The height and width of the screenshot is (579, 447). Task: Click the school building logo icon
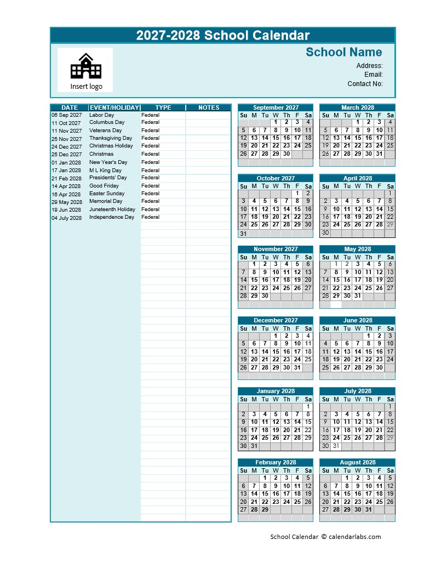coord(85,66)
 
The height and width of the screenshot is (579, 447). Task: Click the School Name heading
coord(343,52)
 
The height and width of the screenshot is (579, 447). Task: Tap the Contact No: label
coord(365,84)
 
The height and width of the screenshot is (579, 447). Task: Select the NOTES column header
coord(208,107)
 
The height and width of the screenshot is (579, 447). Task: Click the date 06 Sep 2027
coord(66,115)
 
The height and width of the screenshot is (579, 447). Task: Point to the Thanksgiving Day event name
coord(111,138)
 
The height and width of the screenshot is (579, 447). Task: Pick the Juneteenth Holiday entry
coord(112,209)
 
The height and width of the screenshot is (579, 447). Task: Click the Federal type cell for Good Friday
coord(150,186)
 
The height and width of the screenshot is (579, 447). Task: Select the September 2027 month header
coord(276,107)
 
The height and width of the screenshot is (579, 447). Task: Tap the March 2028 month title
coord(357,107)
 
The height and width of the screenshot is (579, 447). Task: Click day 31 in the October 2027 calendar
coord(243,234)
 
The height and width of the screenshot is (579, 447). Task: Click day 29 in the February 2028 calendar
coord(265,509)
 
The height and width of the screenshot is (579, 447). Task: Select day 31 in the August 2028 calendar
coord(368,509)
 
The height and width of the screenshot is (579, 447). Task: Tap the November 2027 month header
coord(276,249)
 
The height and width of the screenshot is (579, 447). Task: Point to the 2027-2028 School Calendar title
coord(223,36)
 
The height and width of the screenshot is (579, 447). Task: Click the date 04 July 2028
coord(66,218)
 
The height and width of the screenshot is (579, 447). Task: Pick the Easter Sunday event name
coord(107,194)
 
